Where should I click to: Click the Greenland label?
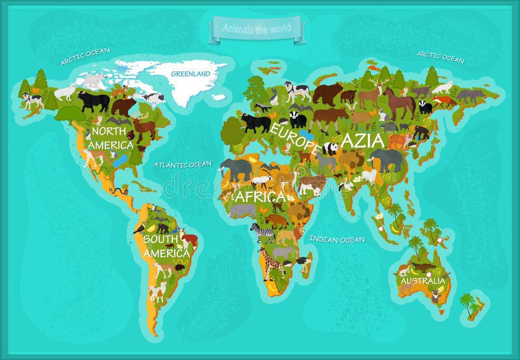(190, 74)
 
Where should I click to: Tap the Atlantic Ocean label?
(183, 164)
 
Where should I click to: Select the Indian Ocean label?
(337, 239)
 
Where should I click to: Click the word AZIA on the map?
(362, 140)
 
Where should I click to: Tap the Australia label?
(423, 281)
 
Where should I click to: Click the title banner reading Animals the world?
(256, 28)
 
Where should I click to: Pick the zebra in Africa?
(263, 231)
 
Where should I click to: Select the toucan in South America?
(139, 227)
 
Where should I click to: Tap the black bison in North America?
(94, 101)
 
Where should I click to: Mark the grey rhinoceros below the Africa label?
(243, 211)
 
